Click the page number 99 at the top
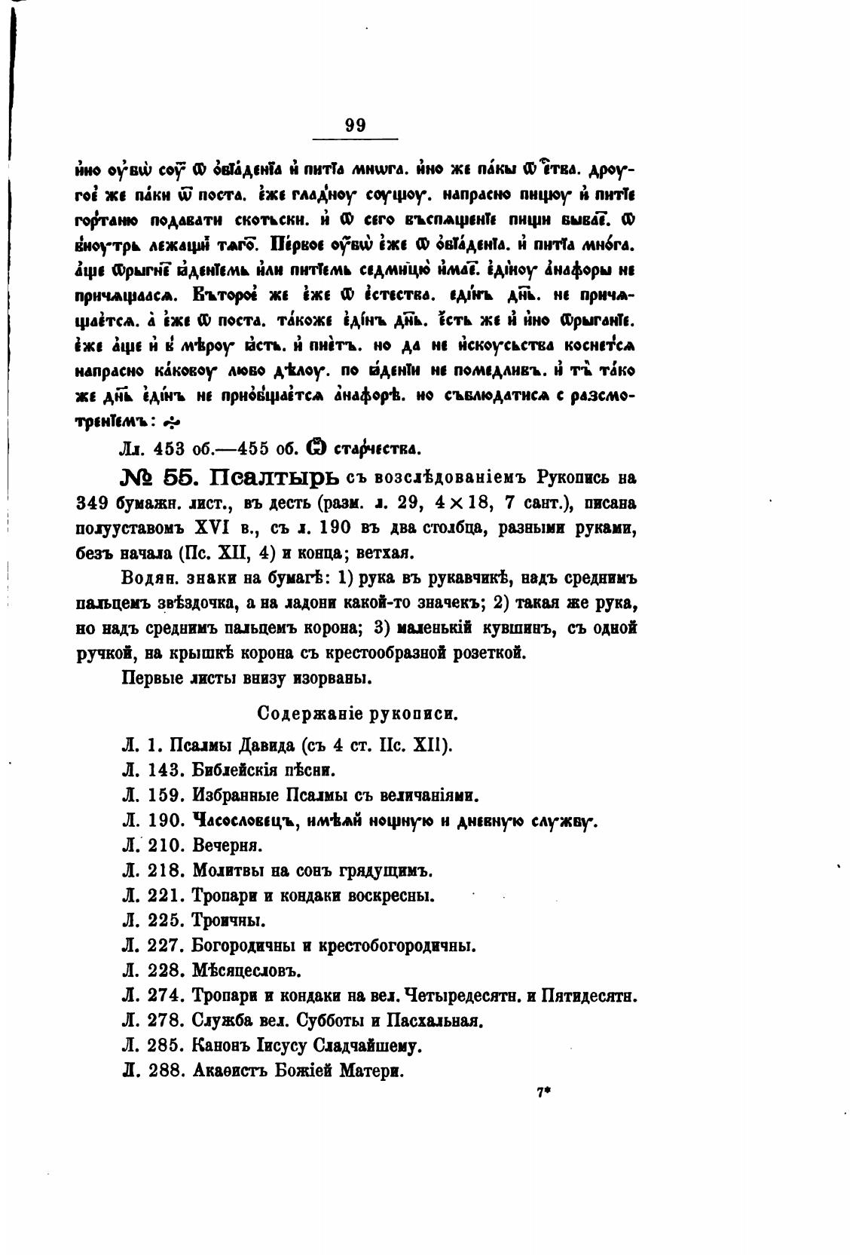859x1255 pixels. tap(355, 125)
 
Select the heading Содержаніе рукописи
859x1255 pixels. tap(357, 712)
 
